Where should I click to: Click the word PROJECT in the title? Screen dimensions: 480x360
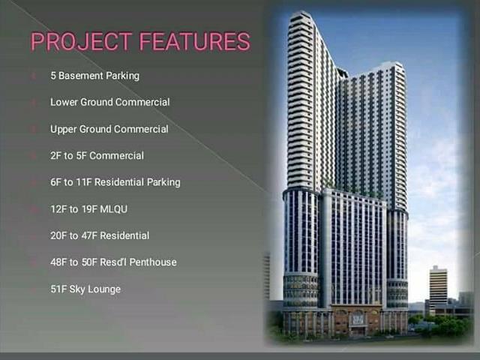82,41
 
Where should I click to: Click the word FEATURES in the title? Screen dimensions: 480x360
195,41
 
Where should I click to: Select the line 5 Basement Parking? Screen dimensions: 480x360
95,76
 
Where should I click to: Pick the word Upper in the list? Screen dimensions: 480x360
63,129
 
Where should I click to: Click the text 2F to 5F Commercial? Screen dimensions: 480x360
97,155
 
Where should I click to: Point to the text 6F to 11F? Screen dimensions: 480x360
71,182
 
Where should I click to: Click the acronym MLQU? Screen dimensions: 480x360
113,209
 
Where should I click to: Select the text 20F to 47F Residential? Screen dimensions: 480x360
100,235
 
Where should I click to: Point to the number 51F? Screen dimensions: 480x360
58,289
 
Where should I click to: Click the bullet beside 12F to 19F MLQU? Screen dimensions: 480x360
34,209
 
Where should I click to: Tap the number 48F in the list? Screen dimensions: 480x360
58,262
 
